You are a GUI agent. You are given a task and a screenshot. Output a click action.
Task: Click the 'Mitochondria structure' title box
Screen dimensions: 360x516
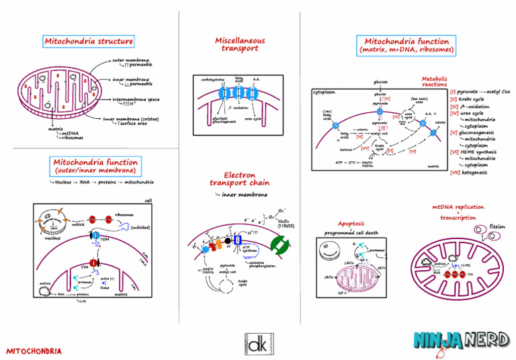click(x=89, y=42)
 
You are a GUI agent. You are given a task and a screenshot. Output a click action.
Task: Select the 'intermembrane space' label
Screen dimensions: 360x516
click(x=136, y=99)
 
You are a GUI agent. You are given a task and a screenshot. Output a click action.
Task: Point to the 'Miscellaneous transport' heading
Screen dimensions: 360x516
click(x=240, y=44)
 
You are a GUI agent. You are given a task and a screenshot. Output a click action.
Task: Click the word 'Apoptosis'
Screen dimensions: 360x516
click(x=351, y=223)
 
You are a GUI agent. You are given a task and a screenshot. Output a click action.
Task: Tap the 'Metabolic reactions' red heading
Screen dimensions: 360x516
click(x=435, y=81)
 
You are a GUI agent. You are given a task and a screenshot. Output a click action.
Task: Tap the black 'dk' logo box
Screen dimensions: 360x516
click(x=258, y=345)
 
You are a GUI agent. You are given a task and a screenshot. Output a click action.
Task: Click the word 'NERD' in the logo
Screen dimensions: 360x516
click(x=486, y=340)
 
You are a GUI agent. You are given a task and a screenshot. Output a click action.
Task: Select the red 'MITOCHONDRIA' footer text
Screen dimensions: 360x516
click(x=34, y=351)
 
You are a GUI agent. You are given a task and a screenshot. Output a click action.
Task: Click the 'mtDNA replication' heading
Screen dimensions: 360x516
click(x=458, y=208)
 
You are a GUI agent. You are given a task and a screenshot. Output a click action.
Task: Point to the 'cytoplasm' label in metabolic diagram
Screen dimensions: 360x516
click(x=325, y=92)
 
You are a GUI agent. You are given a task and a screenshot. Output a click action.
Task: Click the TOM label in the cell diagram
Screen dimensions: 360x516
click(x=105, y=238)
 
